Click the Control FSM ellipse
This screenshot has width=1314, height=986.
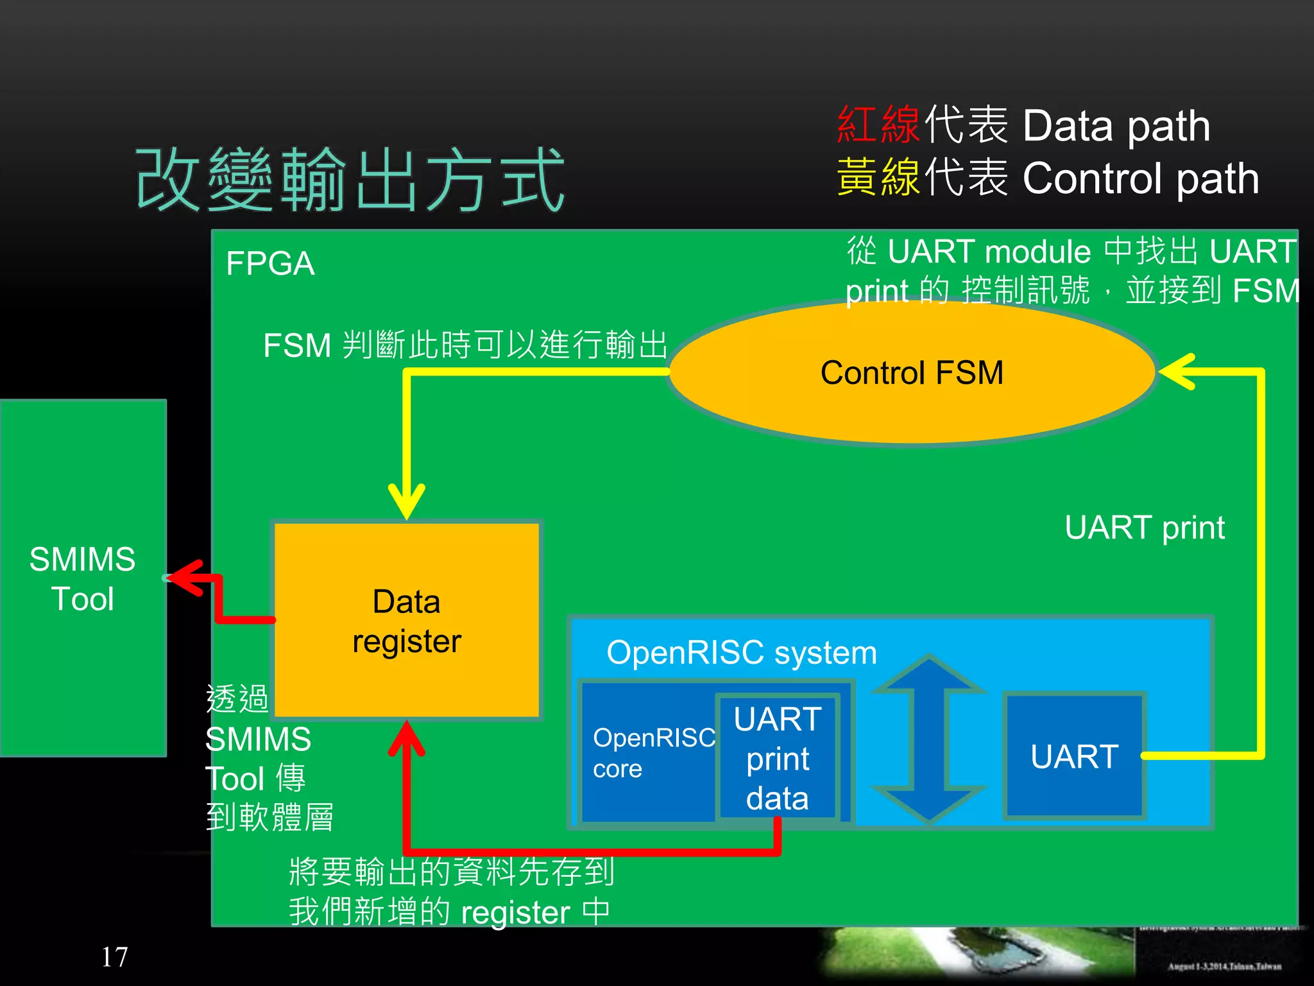coord(911,373)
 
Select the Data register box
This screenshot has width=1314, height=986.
coord(407,620)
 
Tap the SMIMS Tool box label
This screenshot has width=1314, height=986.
coord(83,578)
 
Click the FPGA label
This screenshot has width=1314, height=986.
coord(270,264)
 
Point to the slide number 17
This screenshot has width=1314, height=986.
coord(114,956)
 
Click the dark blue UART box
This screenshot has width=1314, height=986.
coord(1074,756)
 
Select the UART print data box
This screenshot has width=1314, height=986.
coord(778,758)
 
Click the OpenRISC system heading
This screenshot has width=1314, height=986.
coord(741,653)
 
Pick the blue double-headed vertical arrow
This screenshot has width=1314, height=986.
coord(928,738)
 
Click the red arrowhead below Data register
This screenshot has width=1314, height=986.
coord(407,738)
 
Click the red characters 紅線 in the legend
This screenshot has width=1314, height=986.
coord(878,125)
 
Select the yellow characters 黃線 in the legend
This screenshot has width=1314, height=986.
coord(878,177)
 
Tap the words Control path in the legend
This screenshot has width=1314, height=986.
coord(1140,178)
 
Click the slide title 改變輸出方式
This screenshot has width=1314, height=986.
coord(350,179)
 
